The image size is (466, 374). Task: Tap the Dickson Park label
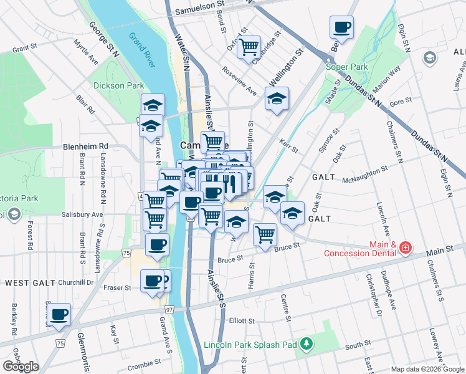(x=118, y=85)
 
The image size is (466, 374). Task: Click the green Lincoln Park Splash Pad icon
(x=306, y=344)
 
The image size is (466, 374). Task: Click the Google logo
(x=21, y=367)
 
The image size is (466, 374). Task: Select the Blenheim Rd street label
(x=86, y=146)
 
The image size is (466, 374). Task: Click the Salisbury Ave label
(x=82, y=214)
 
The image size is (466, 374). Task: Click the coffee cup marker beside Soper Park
(x=341, y=27)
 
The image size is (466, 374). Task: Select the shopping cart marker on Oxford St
(x=249, y=46)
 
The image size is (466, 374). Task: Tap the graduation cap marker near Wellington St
(x=277, y=98)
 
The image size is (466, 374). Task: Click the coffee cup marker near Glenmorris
(x=60, y=314)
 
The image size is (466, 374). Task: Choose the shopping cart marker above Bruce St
(x=265, y=234)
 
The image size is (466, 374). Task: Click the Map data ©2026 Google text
(x=427, y=369)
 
